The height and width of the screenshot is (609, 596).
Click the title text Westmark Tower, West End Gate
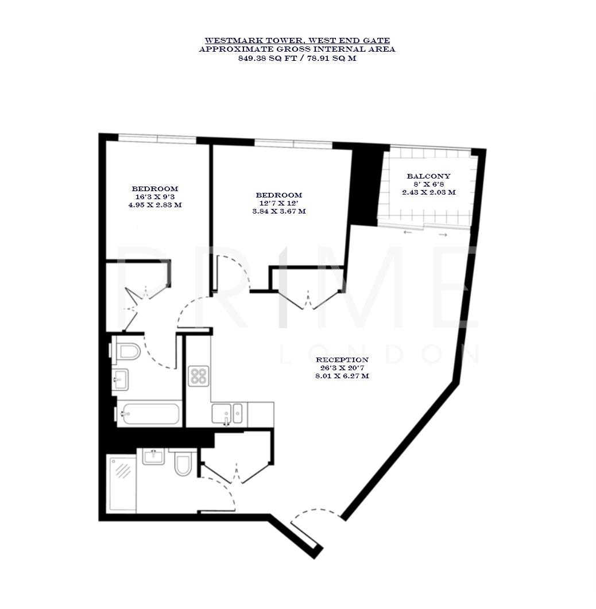(x=297, y=40)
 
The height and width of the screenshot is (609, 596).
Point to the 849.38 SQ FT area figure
(x=267, y=58)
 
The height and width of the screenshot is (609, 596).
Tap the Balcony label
(x=428, y=176)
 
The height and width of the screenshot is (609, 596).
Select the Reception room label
(x=342, y=360)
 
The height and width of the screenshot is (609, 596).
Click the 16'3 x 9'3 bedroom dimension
(x=154, y=197)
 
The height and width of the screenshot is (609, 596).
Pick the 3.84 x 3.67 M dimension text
(x=279, y=211)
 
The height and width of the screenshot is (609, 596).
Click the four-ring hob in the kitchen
(x=198, y=376)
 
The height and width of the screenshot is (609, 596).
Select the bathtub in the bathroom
(x=149, y=414)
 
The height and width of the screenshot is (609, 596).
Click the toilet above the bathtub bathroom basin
(x=127, y=350)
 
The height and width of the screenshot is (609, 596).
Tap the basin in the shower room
(x=153, y=457)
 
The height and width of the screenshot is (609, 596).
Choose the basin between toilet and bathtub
(x=120, y=379)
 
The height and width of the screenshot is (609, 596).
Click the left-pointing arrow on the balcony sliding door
(x=408, y=232)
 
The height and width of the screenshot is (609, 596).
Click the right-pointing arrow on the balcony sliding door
(x=443, y=234)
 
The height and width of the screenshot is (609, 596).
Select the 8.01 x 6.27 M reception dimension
(x=342, y=377)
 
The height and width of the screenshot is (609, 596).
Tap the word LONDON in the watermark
(x=379, y=355)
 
